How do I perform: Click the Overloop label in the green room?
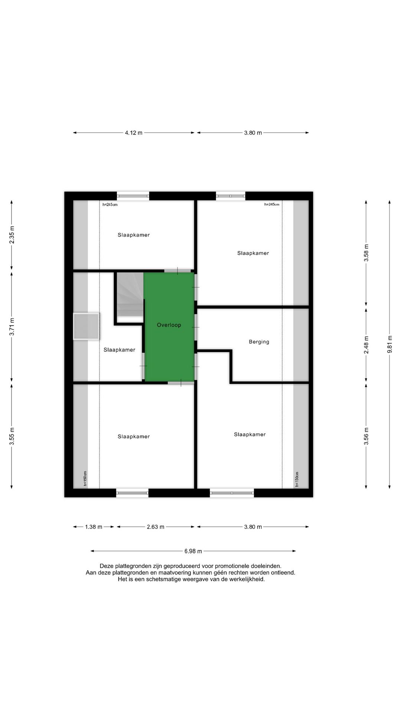click(x=169, y=325)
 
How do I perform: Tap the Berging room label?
click(x=259, y=342)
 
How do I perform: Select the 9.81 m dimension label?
click(x=389, y=345)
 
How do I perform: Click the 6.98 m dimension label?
click(x=193, y=551)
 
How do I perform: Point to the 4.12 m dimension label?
click(x=134, y=133)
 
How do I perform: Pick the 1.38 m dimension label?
click(x=94, y=527)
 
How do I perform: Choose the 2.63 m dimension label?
click(x=156, y=527)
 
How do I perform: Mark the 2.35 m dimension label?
click(x=12, y=235)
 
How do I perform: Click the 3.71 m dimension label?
click(x=12, y=327)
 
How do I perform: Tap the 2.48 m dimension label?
click(x=366, y=345)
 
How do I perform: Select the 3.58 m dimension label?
click(x=366, y=253)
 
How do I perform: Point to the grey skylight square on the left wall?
click(x=86, y=326)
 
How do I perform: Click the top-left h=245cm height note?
click(x=110, y=205)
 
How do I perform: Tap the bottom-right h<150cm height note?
click(x=297, y=479)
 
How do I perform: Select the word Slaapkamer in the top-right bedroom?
click(x=253, y=253)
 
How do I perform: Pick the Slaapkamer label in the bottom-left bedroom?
click(x=134, y=436)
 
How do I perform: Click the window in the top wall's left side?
click(x=133, y=196)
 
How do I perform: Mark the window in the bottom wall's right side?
click(x=232, y=493)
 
